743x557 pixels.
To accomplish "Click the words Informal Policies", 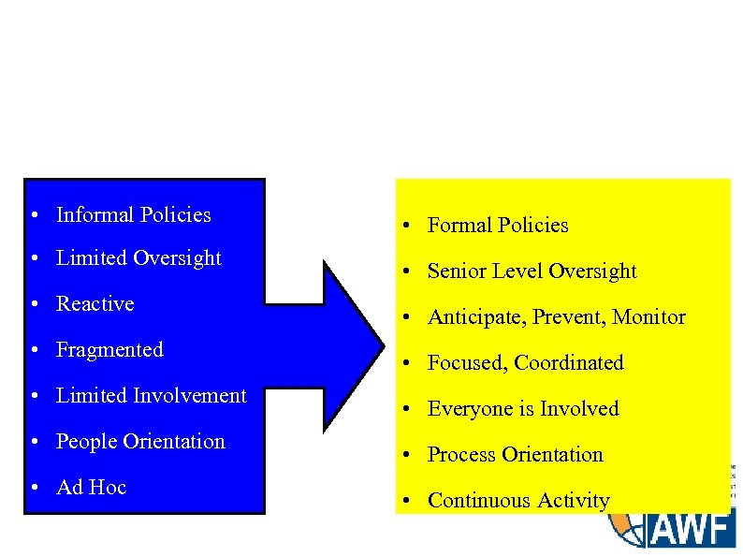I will tap(133, 215).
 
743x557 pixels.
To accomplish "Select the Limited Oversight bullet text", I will tap(138, 258).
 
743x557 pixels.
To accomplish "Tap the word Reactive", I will tap(95, 304).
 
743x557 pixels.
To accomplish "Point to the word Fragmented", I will tap(109, 350).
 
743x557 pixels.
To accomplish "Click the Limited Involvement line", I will tap(151, 396).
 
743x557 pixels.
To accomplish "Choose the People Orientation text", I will tap(140, 442).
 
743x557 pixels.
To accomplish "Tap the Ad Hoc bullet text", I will tap(91, 488).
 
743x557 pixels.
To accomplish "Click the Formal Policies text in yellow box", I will tap(498, 226).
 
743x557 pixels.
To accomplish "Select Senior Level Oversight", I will tap(532, 271).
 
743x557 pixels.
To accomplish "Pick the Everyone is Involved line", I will tap(523, 409).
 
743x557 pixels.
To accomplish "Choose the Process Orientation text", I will tap(515, 455).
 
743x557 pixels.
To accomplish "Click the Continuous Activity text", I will tap(518, 501).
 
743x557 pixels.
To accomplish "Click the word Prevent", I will tap(571, 317).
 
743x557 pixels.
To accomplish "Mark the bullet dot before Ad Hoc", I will tap(33, 489).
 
